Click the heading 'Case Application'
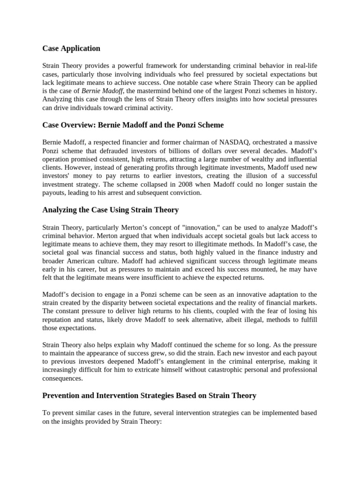tap(71, 48)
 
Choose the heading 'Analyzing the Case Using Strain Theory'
tap(111, 210)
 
